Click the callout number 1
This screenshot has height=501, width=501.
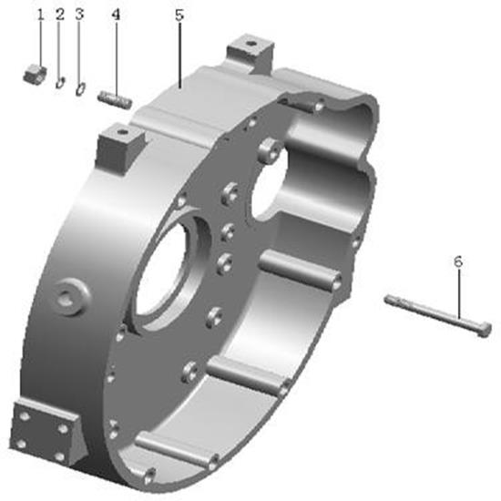[40, 15]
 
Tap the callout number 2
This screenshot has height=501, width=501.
[60, 15]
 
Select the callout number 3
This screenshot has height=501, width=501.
[79, 15]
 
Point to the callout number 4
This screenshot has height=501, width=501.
[116, 15]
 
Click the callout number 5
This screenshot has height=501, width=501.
[179, 15]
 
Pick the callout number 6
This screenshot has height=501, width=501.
[458, 262]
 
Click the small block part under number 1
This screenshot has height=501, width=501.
[36, 73]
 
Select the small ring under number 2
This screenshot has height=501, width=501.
[60, 82]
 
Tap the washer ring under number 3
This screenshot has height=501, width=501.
[80, 88]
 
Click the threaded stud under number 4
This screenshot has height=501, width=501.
[115, 98]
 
